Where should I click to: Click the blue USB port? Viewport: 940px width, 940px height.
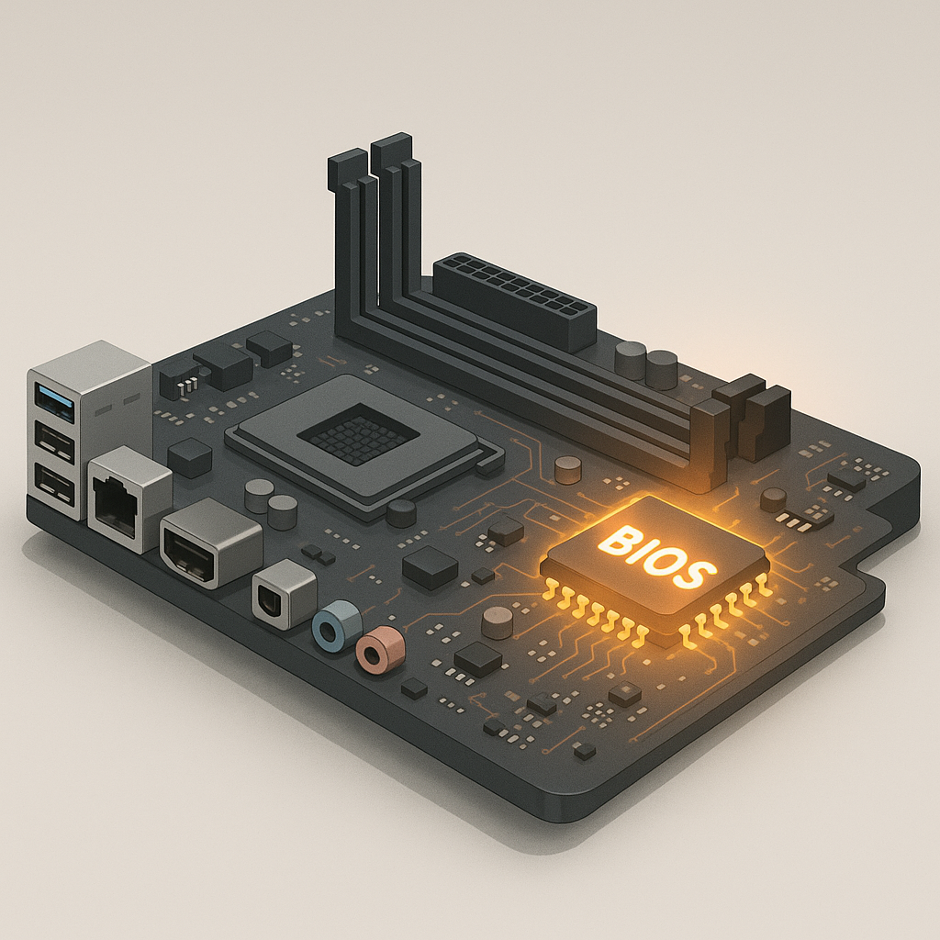tap(56, 402)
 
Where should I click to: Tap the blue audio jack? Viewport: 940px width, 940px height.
tap(336, 625)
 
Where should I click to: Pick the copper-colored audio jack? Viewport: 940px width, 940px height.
tap(379, 649)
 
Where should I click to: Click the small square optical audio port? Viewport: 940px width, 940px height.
tap(284, 594)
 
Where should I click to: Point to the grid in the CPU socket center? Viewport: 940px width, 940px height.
tap(358, 433)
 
